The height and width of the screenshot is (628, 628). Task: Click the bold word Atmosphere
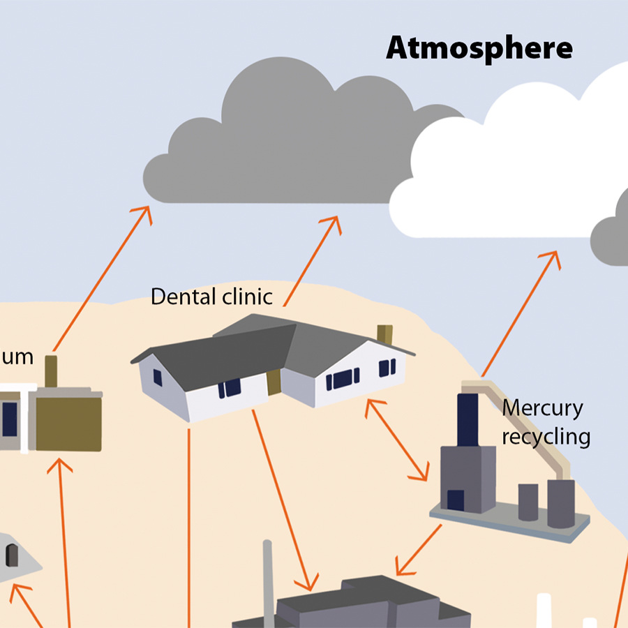[x=479, y=49]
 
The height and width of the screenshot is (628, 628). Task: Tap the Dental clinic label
[x=211, y=297]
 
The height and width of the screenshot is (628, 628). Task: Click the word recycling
[x=546, y=438]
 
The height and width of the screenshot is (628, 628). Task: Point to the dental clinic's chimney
[x=384, y=334]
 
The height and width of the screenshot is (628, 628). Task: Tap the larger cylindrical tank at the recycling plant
[x=560, y=502]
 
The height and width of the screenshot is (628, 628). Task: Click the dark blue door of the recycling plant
[x=456, y=500]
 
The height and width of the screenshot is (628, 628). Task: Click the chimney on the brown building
[x=51, y=371]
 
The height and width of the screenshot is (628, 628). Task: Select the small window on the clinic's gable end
[x=158, y=377]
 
